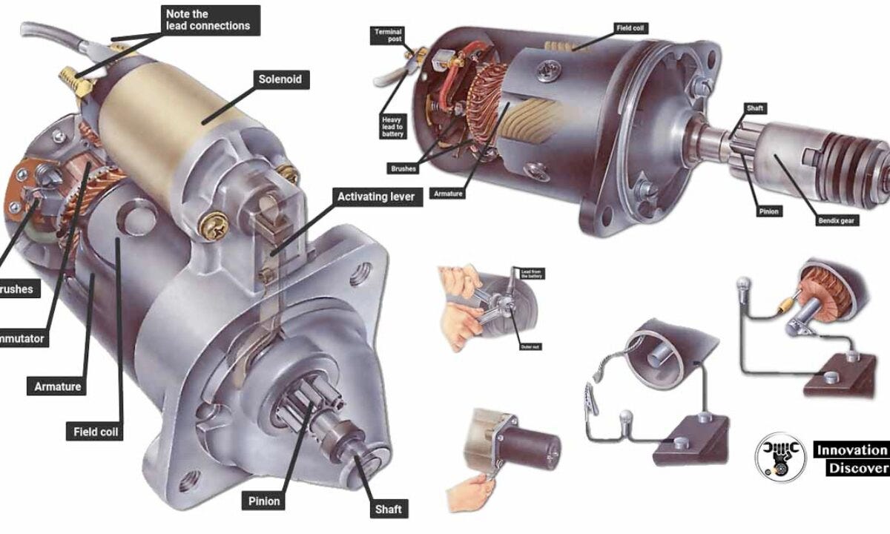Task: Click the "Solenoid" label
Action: click(x=280, y=79)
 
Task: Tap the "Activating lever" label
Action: click(x=375, y=197)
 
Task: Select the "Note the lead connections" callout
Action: click(x=208, y=19)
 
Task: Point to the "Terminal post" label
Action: click(x=386, y=36)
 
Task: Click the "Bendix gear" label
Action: click(x=838, y=220)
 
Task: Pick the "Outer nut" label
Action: click(x=529, y=346)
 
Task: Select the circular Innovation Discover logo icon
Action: click(x=776, y=458)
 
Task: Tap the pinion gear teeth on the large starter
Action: click(x=303, y=408)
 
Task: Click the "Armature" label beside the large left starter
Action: click(x=58, y=386)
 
